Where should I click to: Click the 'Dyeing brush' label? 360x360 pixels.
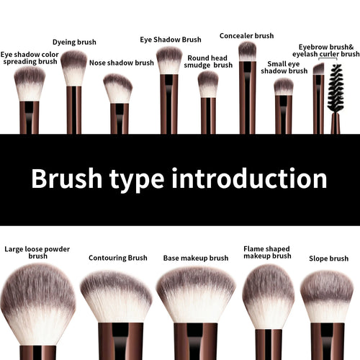(x=74, y=42)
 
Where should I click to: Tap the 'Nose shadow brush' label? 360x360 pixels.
(x=121, y=63)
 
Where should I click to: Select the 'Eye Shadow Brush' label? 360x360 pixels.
(x=171, y=40)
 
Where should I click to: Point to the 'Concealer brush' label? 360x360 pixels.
(x=246, y=35)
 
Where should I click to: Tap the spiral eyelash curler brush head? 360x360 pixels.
(x=334, y=87)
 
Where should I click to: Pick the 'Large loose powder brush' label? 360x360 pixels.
(x=37, y=252)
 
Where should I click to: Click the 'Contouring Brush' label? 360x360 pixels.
(x=117, y=258)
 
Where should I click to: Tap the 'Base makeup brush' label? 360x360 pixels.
(x=195, y=258)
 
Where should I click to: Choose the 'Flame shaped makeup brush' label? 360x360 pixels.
(x=267, y=252)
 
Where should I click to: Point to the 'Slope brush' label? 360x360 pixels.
(x=328, y=258)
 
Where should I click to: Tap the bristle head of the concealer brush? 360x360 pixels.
(x=247, y=51)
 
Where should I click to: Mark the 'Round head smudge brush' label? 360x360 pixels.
(x=208, y=61)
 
